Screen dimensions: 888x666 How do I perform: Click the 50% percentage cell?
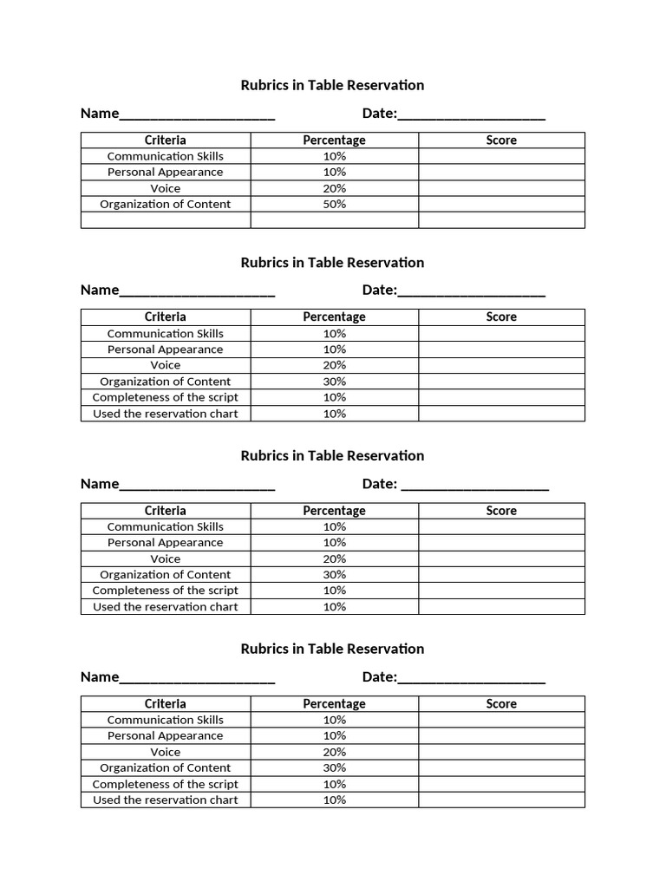coord(334,205)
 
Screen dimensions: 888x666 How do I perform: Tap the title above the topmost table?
coord(332,85)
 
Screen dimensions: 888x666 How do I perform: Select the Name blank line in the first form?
coord(197,114)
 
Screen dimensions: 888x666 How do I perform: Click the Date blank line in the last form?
coord(472,678)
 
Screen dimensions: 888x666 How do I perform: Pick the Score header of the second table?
coord(501,317)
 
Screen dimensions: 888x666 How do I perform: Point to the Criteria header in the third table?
coord(166,511)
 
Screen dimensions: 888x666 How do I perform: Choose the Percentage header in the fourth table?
coord(334,704)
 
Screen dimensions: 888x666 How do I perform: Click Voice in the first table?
coord(166,188)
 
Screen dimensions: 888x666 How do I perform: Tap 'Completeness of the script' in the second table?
coord(166,397)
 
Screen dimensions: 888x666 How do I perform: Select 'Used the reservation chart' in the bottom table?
coord(166,800)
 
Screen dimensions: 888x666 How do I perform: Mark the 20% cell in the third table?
coord(334,558)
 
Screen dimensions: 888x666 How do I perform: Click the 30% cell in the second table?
coord(334,382)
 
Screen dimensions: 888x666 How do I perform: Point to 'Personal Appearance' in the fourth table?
coord(166,735)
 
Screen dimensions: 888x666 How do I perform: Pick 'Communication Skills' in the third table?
coord(166,526)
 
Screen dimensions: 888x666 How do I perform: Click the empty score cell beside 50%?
coord(501,205)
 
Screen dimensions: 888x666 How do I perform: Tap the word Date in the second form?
coord(378,291)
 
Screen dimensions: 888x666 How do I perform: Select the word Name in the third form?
coord(99,484)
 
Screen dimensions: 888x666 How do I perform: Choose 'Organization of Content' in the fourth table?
coord(166,767)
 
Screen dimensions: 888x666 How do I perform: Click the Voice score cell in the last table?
coord(501,752)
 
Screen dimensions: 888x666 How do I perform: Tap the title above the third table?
coord(332,456)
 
